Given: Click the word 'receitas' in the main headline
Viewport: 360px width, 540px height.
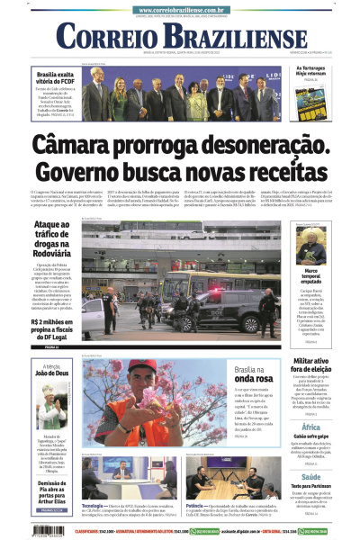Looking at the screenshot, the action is (x=284, y=174).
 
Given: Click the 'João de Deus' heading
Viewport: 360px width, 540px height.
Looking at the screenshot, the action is (x=52, y=372).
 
